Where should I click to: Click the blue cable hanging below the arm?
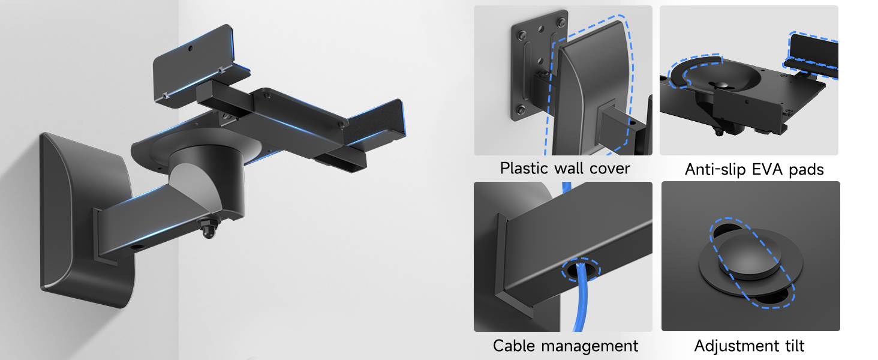coord(578,306)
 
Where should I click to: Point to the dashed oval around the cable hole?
coord(579,271)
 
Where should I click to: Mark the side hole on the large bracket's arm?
coord(134,247)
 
